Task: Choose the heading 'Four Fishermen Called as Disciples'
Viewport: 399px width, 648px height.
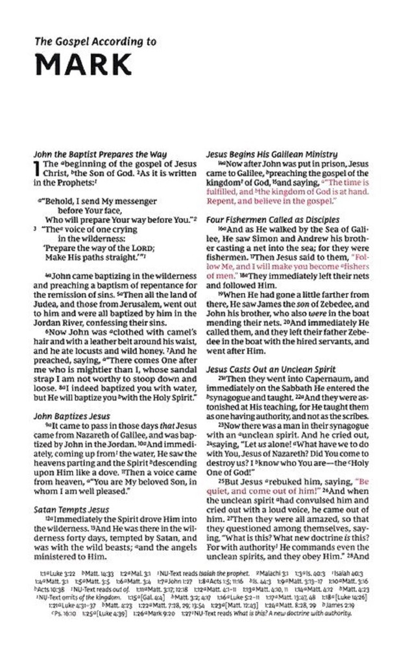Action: pos(272,220)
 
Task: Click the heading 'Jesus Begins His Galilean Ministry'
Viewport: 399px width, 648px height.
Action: pos(271,154)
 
